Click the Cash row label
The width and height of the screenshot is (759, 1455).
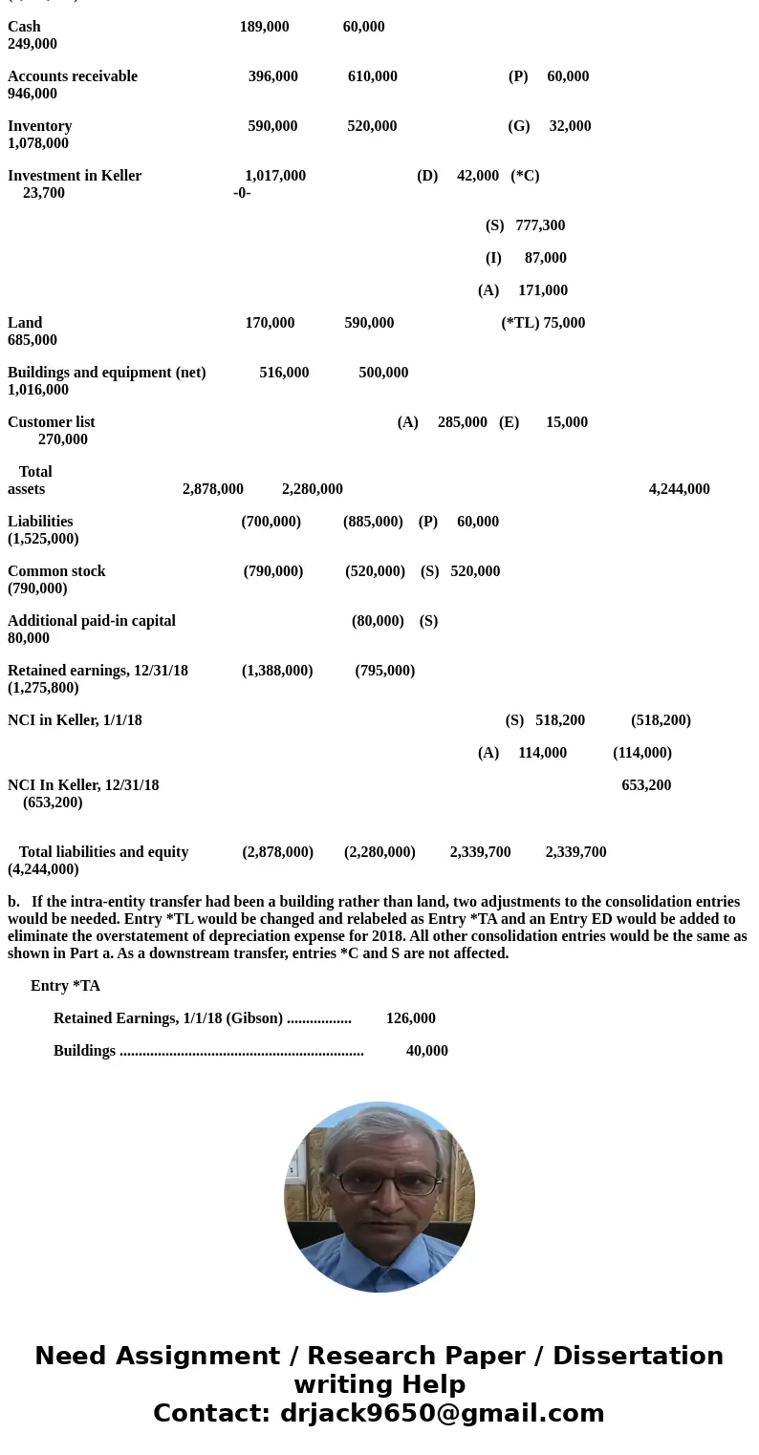pos(24,27)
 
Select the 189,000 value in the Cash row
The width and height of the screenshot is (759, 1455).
pos(264,27)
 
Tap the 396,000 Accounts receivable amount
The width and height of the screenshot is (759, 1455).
pos(272,76)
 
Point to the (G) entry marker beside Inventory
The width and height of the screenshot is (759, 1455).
pos(519,126)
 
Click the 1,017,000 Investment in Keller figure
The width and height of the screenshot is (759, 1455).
pos(275,176)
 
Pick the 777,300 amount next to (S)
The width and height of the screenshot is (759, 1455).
pos(540,225)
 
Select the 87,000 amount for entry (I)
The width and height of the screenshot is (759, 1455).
pos(545,258)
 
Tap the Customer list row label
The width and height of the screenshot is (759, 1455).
pos(52,422)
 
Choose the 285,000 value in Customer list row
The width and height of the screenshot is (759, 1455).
pos(462,422)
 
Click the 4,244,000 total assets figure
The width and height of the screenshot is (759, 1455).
pos(679,489)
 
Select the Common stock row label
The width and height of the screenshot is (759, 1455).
pos(56,571)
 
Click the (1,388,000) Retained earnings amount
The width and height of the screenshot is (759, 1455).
pos(277,671)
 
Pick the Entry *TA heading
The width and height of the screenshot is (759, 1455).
pos(65,986)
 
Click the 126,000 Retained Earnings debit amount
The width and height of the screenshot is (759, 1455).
pos(410,1018)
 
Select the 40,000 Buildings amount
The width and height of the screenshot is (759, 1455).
pos(426,1051)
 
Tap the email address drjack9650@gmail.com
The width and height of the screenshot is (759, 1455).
pos(442,1414)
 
